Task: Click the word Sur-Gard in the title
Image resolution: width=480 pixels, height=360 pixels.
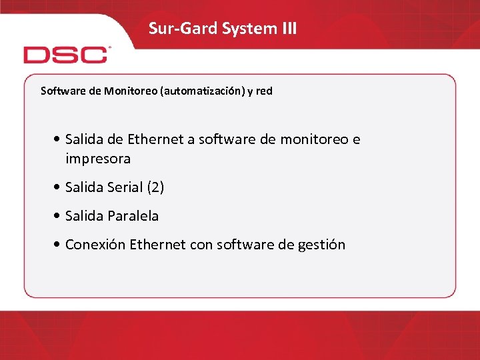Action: point(175,28)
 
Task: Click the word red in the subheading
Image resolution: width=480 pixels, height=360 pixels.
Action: point(264,91)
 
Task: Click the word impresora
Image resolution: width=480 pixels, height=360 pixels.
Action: point(98,159)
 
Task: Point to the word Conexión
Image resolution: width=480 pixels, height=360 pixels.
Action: point(95,245)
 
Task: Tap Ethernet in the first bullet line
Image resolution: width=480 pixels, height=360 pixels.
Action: point(157,139)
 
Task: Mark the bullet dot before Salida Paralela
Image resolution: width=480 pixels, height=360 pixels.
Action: point(59,216)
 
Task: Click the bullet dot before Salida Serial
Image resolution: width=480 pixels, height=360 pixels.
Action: point(59,187)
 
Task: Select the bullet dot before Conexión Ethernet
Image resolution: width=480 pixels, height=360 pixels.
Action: point(59,245)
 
